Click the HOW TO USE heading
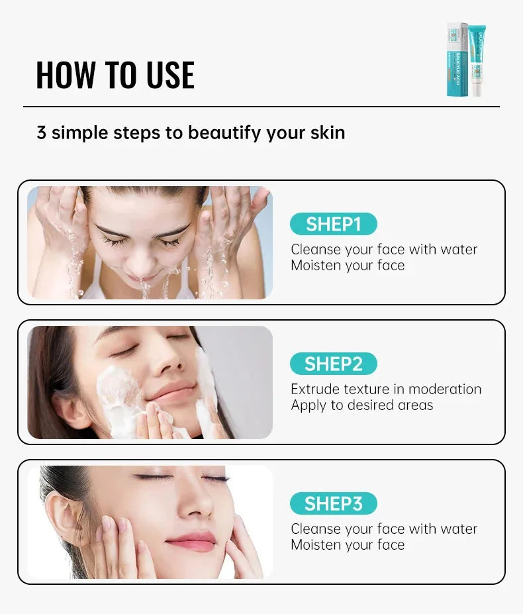coord(115,75)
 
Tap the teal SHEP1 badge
coord(333,224)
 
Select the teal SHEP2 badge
coord(333,364)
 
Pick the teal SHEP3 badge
coord(333,503)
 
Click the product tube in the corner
coord(476,60)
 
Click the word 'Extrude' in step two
coord(315,389)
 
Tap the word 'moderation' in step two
coord(446,389)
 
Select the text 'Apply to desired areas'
coord(361,405)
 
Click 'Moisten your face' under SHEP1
coord(348,265)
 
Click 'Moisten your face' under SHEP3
coord(348,544)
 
